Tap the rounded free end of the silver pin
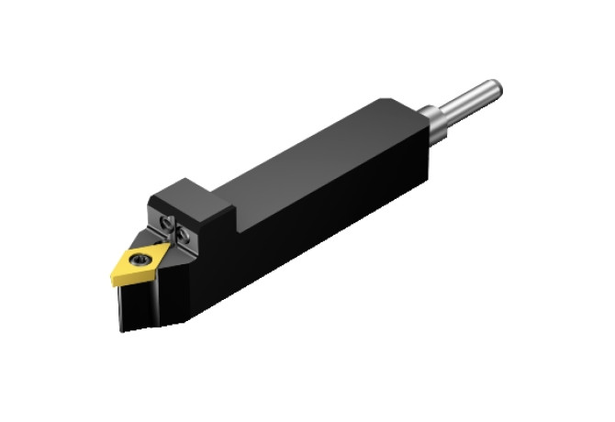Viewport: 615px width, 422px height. click(x=496, y=88)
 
